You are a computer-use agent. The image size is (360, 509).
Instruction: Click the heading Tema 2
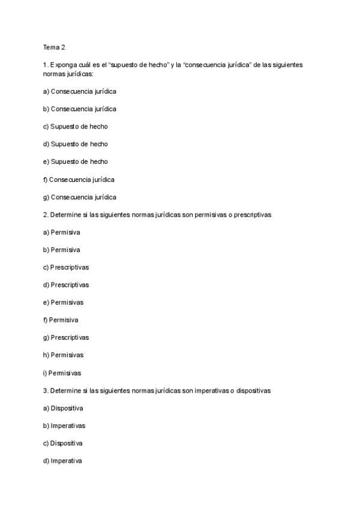point(53,47)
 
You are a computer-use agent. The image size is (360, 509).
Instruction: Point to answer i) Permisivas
point(62,373)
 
